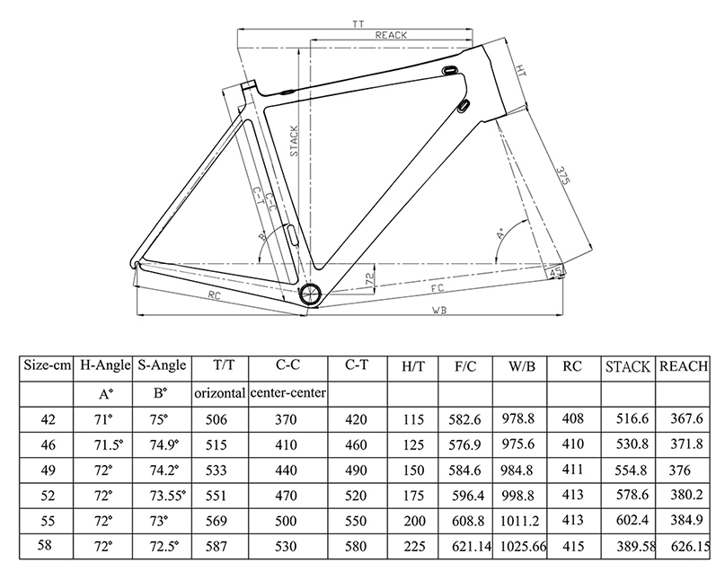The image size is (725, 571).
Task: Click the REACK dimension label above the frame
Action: point(391,35)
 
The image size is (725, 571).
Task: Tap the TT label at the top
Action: point(358,24)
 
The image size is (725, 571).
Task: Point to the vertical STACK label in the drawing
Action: point(294,141)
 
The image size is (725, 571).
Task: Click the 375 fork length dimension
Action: point(561,176)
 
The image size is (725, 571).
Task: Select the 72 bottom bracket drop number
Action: point(369,278)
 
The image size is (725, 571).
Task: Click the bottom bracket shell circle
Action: point(310,293)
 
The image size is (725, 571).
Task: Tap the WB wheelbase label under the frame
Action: point(439,311)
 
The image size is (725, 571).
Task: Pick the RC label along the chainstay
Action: point(214,295)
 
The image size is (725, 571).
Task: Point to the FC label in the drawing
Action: point(437,288)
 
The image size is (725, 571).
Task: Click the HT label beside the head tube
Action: point(521,70)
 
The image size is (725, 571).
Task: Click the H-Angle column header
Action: point(105,365)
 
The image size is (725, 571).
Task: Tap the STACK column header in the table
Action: point(628,367)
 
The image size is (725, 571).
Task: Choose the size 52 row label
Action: point(48,496)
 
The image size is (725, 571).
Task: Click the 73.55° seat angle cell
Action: point(167,496)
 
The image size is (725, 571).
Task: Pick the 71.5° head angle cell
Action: point(109,444)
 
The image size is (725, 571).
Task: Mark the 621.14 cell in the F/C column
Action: point(471,547)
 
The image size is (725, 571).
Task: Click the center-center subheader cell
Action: point(287,392)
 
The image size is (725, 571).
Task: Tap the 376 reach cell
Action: point(679,470)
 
